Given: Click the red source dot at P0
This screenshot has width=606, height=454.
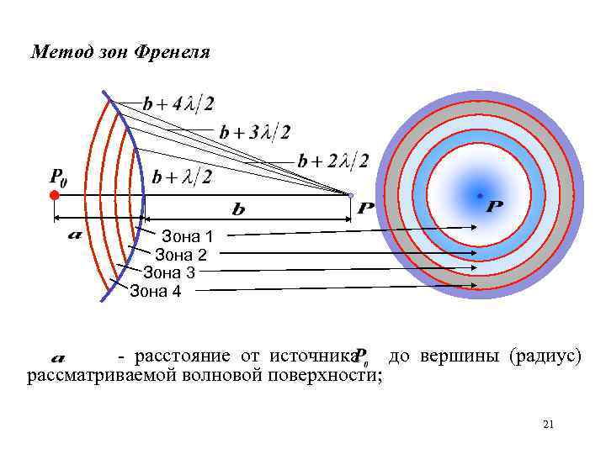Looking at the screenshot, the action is pyautogui.click(x=54, y=195).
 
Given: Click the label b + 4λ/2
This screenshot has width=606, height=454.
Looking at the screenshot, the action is pyautogui.click(x=178, y=104).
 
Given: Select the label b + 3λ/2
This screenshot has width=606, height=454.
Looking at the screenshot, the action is pyautogui.click(x=255, y=132).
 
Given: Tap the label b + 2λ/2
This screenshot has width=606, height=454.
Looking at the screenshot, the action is pyautogui.click(x=332, y=161).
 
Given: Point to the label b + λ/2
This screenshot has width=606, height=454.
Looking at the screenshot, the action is pyautogui.click(x=182, y=177).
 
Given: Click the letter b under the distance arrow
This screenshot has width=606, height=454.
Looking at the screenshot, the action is pyautogui.click(x=238, y=207).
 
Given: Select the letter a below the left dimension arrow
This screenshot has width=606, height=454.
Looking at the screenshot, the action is pyautogui.click(x=74, y=235).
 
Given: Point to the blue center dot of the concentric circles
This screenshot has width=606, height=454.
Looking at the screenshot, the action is pyautogui.click(x=479, y=195).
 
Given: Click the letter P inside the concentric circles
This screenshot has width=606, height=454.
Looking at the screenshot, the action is pyautogui.click(x=495, y=206).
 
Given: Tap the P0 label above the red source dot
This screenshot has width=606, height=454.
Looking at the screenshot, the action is pyautogui.click(x=59, y=177).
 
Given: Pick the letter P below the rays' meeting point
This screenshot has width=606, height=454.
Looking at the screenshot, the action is pyautogui.click(x=365, y=208).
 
